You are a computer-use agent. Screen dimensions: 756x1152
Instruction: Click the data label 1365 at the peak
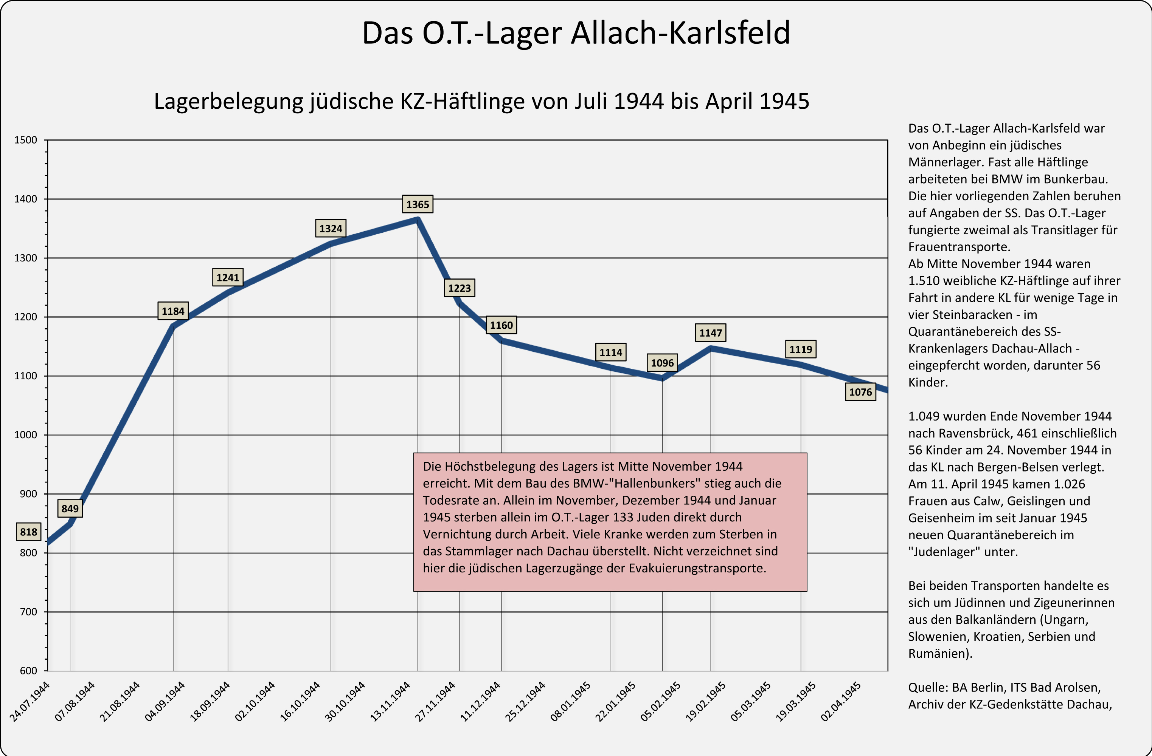pos(417,204)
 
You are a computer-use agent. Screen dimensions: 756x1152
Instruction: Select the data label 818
pos(29,532)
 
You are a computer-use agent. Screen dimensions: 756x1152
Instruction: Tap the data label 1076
pos(860,392)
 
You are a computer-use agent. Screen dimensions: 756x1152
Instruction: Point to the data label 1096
pos(662,363)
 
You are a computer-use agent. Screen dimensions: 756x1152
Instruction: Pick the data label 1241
pos(228,278)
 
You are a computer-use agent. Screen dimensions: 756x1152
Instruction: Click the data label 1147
pos(710,333)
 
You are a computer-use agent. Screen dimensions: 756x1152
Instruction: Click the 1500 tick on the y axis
pos(26,140)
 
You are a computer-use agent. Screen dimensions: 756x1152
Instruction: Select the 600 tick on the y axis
pos(28,670)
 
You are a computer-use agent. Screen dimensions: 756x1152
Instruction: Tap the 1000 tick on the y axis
pos(26,435)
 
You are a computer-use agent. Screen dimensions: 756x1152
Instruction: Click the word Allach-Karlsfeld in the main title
pos(680,33)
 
